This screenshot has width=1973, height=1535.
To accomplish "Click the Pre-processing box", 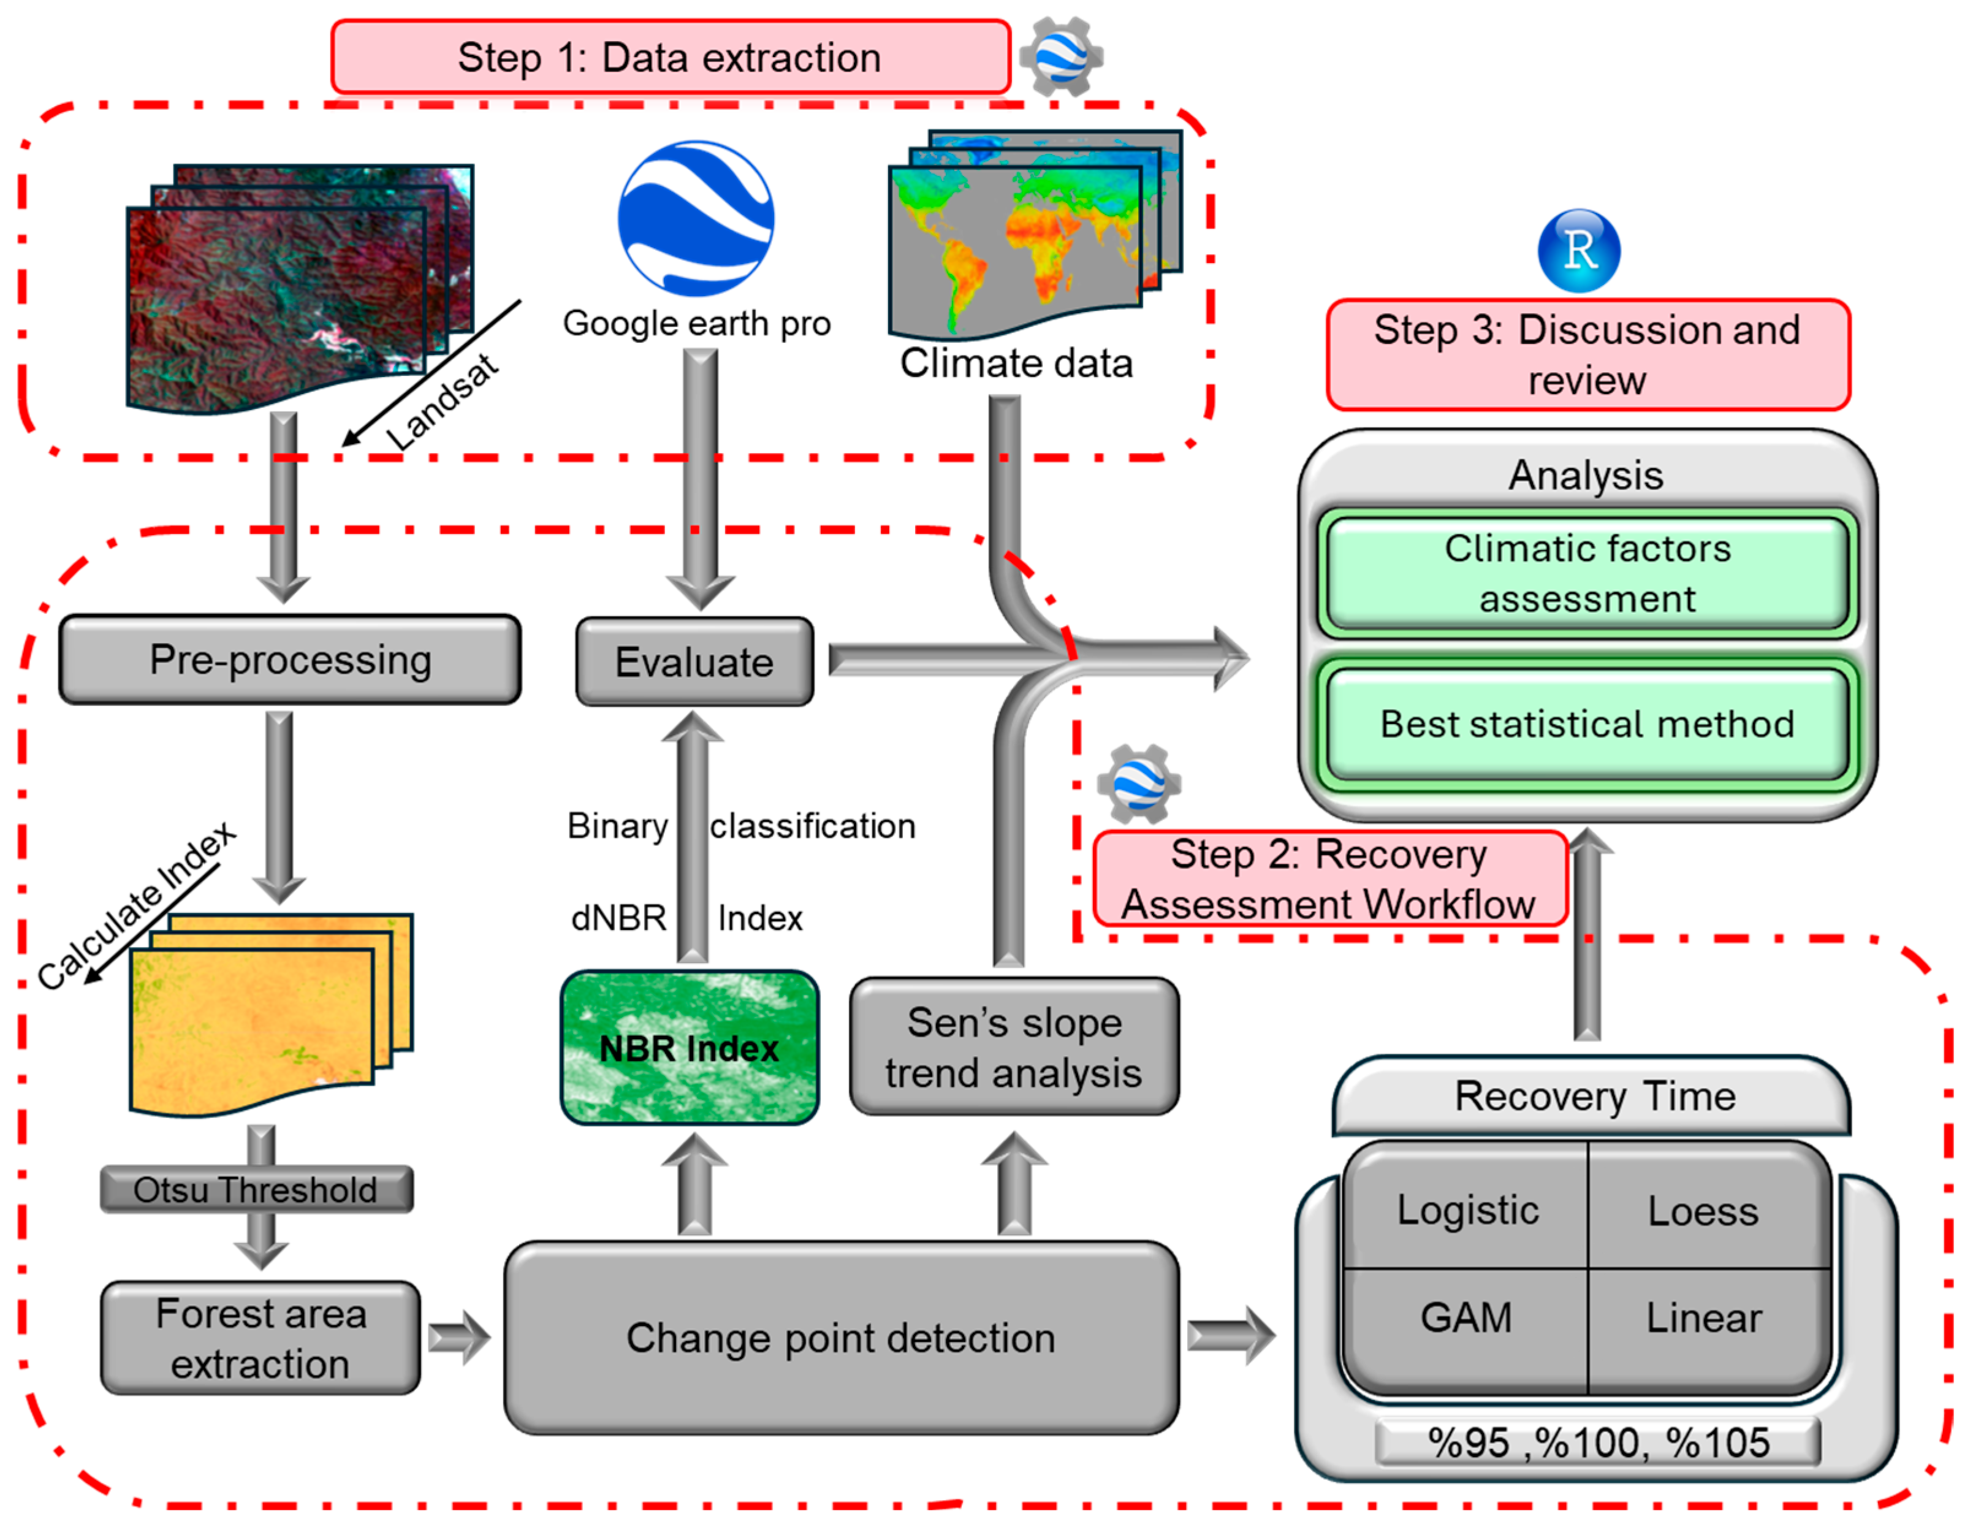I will pos(290,660).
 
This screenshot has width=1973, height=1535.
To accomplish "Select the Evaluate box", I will pos(694,662).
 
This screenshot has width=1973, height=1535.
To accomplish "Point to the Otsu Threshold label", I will pos(256,1190).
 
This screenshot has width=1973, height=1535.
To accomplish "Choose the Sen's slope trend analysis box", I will pos(1014,1047).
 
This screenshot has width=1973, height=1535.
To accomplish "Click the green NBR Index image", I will pos(690,1048).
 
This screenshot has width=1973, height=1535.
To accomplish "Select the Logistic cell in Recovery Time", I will pos(1467,1209).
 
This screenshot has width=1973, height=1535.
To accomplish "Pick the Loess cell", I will pos(1703,1211).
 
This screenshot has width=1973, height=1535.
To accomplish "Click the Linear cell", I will pos(1703,1317).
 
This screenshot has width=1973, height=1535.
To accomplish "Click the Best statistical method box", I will pos(1586,724).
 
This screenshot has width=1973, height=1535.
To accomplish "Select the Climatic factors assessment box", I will pos(1586,574).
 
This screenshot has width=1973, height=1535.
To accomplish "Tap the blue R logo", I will pos(1578,250).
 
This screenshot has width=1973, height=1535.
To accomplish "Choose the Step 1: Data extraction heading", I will pos(669,58).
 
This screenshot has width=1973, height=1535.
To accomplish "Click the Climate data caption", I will pos(1016,363).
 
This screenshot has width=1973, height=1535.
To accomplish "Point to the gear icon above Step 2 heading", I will pos(1138,783).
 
